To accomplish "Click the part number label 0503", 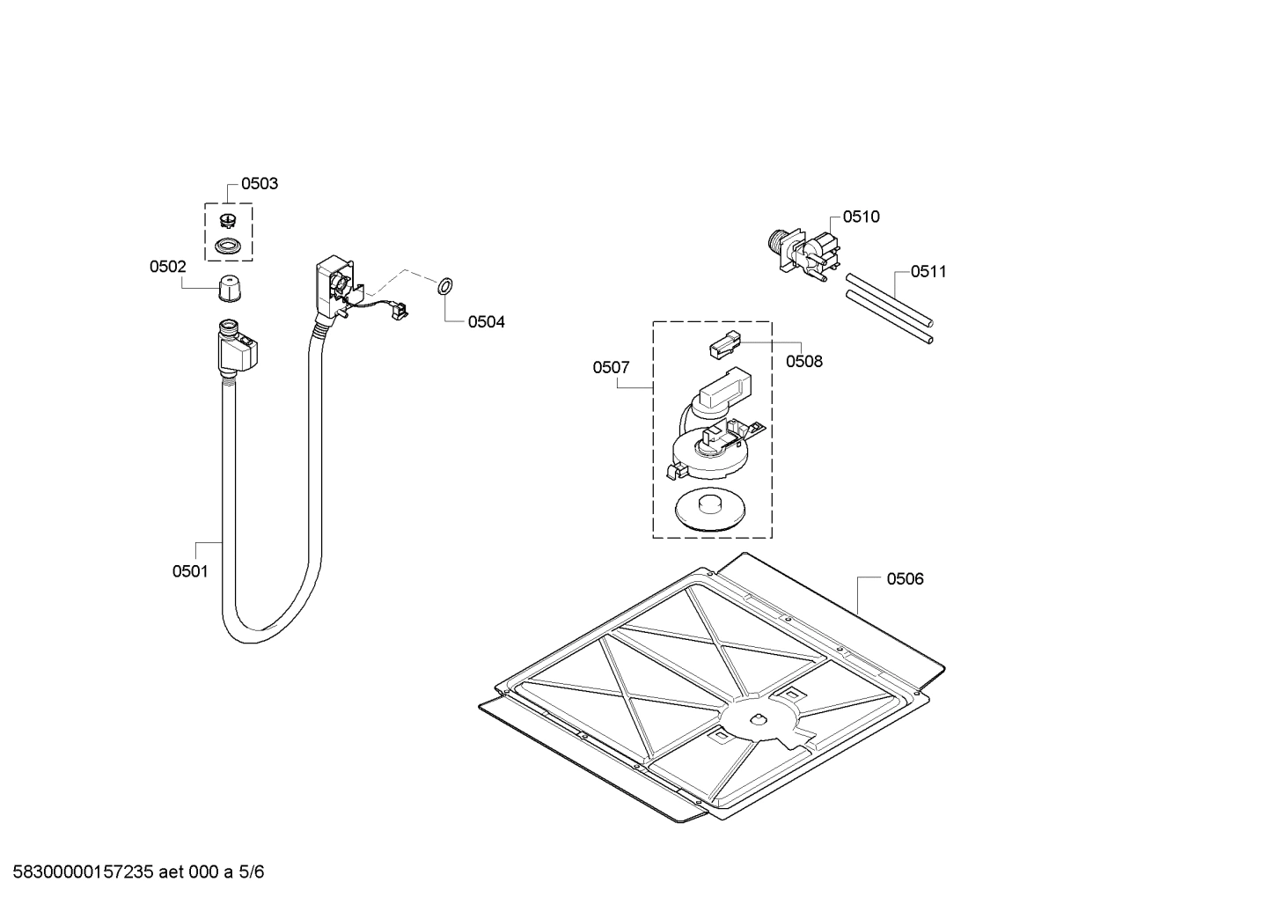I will pos(260,184).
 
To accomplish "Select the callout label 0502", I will pos(167,266).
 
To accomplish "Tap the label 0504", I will pos(486,322).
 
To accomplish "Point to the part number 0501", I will pos(190,571).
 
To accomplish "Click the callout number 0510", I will pos(861,217).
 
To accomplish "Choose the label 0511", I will pos(928,271).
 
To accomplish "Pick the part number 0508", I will pos(803,361).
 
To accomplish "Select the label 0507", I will pos(611,367).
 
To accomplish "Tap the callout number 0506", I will pos(905,578).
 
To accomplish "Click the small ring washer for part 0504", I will pos(444,285).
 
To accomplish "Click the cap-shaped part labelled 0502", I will pos(229,287).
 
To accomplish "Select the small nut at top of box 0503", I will pos(228,220).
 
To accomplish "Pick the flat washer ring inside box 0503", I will pos(229,246).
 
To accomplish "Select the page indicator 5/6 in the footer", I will pos(252,872).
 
